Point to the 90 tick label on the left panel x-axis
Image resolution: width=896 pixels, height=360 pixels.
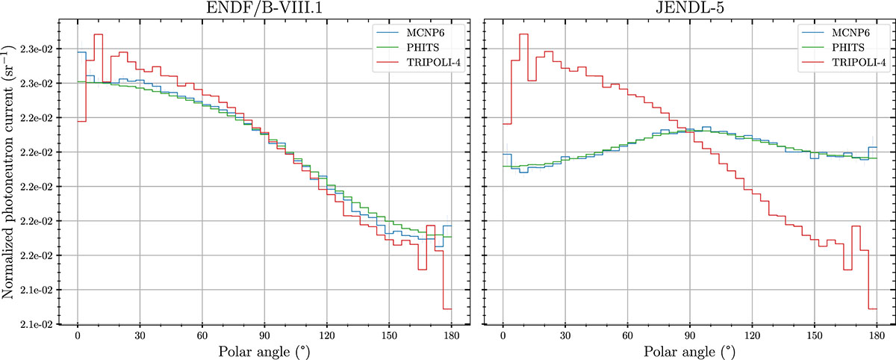(264, 335)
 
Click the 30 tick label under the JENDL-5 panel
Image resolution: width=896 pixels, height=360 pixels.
(565, 335)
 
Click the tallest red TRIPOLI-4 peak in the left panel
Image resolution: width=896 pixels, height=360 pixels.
(99, 34)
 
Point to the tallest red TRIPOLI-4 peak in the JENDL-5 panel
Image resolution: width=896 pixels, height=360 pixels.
(523, 34)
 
